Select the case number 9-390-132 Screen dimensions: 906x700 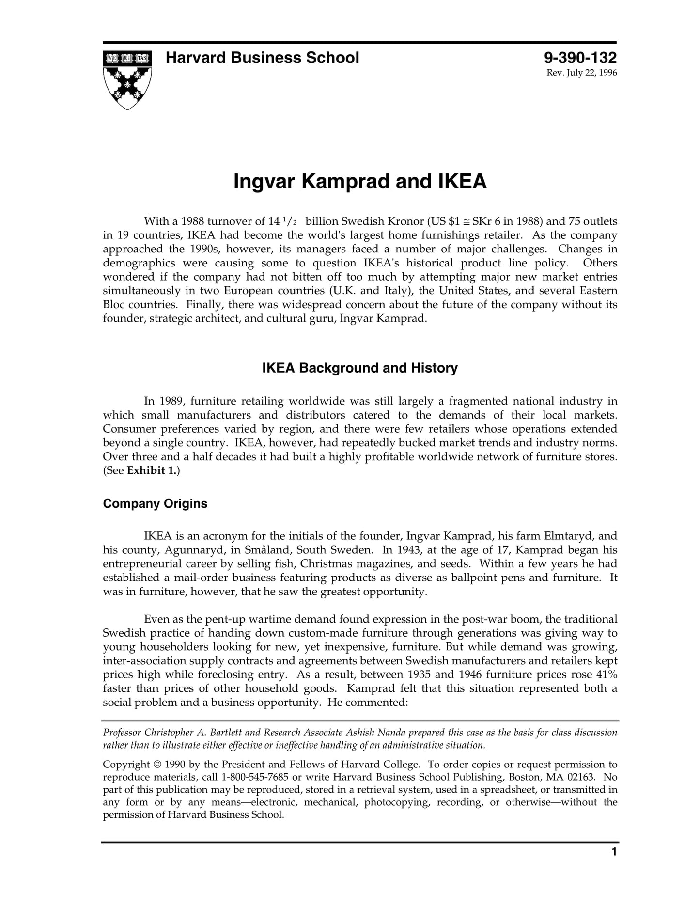(580, 58)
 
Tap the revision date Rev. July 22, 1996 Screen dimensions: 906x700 (582, 73)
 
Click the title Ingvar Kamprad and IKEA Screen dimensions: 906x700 (359, 181)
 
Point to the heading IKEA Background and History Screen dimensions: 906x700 (359, 368)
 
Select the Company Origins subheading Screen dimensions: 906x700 (155, 504)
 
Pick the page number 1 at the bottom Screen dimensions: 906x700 (614, 865)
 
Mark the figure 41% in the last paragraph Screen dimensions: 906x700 (607, 674)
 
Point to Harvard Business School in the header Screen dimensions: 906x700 (262, 58)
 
